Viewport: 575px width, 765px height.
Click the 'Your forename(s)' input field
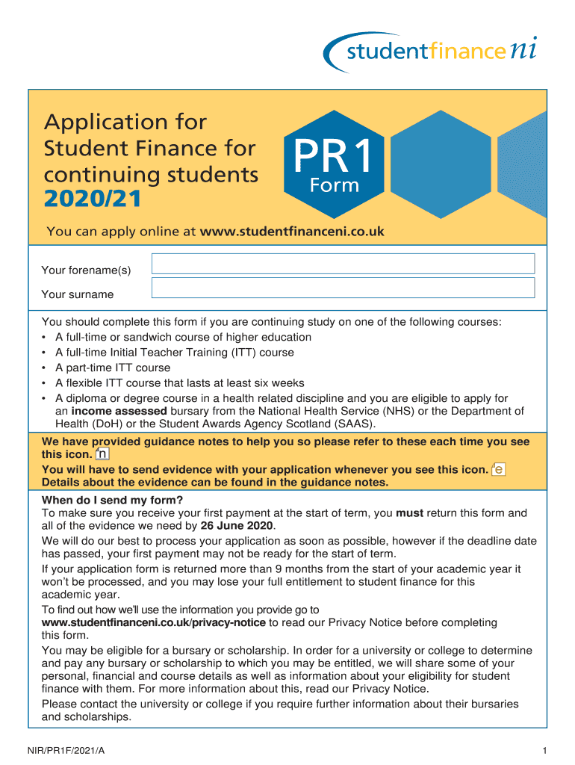click(343, 264)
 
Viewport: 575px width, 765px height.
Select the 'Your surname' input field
click(343, 288)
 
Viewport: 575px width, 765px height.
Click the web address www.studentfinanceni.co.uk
click(292, 232)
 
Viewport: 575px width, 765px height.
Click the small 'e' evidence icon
click(499, 469)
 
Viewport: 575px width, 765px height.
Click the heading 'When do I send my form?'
click(112, 500)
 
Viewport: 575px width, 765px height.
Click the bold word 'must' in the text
click(409, 513)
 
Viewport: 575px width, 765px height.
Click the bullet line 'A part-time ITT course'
click(113, 368)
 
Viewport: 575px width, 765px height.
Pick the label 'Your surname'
click(78, 294)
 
